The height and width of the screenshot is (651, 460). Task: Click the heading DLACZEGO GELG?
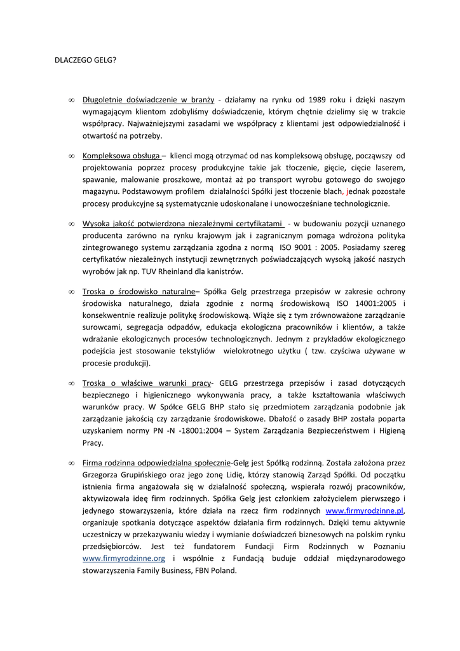(84, 61)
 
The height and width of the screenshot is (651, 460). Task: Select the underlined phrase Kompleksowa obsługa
(121, 155)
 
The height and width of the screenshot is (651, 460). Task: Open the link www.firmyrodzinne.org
(124, 558)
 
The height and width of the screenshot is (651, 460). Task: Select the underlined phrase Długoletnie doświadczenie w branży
(148, 100)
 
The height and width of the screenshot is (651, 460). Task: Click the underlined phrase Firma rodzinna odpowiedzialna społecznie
(156, 462)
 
